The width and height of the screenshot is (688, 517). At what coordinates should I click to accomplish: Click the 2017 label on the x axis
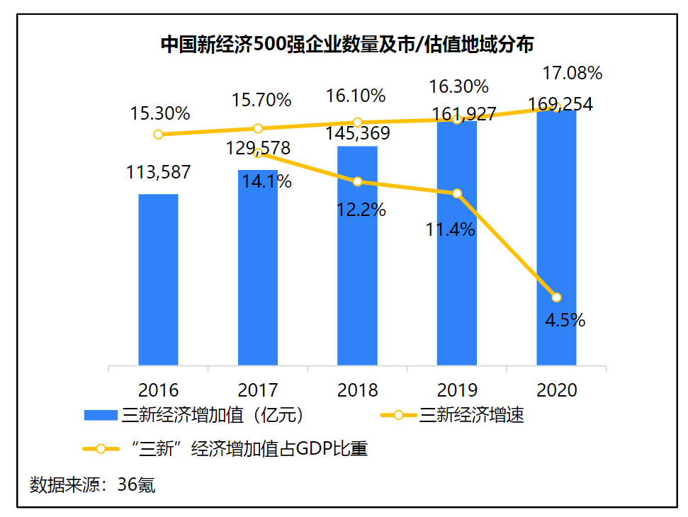click(258, 390)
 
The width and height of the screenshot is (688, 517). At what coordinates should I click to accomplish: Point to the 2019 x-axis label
click(457, 390)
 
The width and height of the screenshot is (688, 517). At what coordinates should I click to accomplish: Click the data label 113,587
click(158, 172)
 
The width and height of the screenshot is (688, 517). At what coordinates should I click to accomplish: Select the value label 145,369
click(357, 132)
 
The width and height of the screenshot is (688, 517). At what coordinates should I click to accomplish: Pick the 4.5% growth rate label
click(565, 320)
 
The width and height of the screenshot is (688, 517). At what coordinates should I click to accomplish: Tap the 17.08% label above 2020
click(572, 73)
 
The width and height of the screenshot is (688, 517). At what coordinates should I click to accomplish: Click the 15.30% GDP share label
click(159, 113)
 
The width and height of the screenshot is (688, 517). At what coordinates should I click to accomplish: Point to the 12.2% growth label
click(361, 210)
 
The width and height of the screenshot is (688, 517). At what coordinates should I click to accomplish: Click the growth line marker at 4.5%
click(557, 297)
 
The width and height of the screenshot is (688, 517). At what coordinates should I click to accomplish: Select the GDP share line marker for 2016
click(158, 134)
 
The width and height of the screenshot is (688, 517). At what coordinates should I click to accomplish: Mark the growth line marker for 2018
click(358, 181)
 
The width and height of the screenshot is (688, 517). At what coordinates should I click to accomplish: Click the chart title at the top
click(346, 44)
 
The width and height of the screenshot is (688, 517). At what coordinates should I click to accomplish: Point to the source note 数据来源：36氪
click(93, 485)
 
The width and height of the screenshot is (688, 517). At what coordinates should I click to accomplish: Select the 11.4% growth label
click(450, 229)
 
